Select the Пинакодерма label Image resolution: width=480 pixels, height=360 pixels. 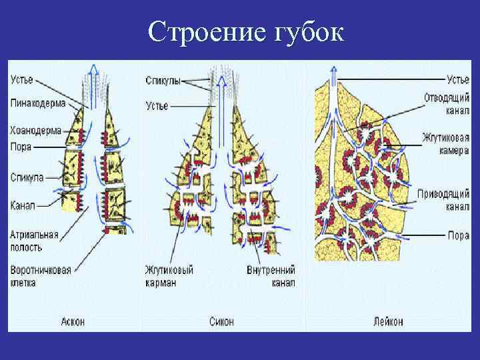click(x=37, y=103)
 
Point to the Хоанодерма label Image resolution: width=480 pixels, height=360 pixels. click(x=36, y=131)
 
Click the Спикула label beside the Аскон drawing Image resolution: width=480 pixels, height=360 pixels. click(x=27, y=177)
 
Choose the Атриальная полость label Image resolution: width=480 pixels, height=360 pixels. click(x=34, y=241)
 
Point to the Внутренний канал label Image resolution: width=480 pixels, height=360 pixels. click(x=269, y=275)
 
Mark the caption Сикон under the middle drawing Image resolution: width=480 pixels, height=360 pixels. click(x=221, y=321)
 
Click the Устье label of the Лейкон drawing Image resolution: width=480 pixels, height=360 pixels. click(x=457, y=81)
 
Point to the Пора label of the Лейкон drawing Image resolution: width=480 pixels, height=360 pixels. click(x=459, y=235)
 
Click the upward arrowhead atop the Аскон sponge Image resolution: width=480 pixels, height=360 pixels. click(x=94, y=69)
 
